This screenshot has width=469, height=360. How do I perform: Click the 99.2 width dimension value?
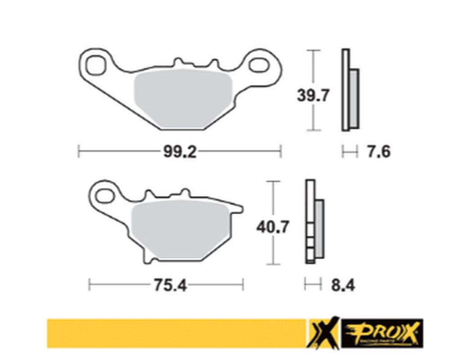tap(179, 152)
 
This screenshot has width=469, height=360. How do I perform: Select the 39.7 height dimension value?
tap(313, 95)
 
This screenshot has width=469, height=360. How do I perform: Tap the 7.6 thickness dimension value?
tap(379, 152)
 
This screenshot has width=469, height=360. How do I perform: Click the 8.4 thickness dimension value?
tap(343, 285)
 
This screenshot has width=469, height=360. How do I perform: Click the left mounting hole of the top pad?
tap(94, 66)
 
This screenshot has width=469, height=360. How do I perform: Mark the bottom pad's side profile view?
tap(314, 221)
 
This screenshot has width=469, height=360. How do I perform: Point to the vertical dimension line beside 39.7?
tap(313, 67)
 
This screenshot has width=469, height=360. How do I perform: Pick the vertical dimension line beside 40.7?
tap(273, 198)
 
